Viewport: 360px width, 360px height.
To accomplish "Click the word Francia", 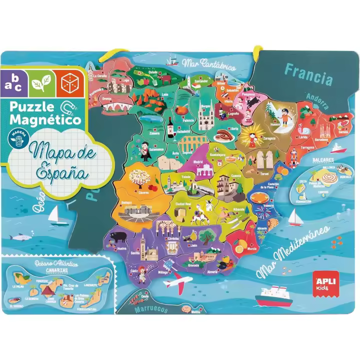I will (x=308, y=74).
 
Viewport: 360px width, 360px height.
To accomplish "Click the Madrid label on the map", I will (x=198, y=162).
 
